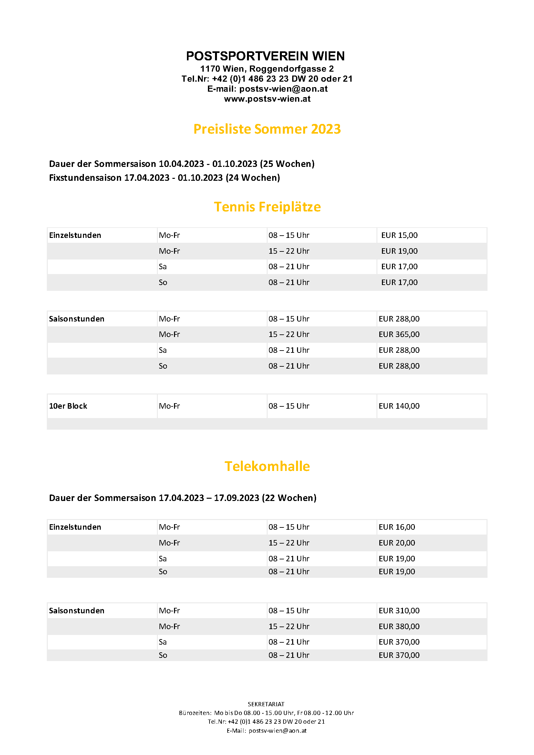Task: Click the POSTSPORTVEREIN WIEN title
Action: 265,56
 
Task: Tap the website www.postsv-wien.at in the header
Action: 267,99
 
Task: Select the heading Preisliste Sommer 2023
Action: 267,129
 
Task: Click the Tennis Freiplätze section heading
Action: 267,207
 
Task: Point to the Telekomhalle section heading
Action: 267,466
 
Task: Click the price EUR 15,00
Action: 399,235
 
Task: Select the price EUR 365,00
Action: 399,334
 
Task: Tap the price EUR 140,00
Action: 399,406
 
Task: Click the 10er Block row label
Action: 68,406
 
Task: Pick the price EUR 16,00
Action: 396,527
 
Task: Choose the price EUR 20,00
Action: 396,543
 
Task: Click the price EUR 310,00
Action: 399,611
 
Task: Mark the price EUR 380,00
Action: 399,627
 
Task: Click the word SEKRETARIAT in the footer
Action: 266,704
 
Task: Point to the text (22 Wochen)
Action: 289,498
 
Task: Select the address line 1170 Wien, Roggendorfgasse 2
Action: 267,69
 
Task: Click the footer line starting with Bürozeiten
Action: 266,713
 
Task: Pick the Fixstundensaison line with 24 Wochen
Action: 164,178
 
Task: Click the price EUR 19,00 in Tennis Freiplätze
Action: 399,251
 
